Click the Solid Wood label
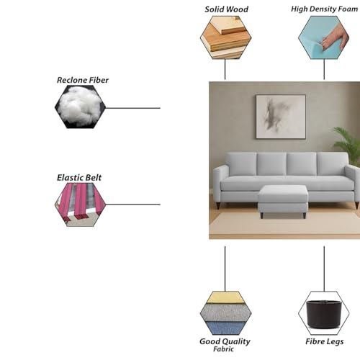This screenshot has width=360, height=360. [x=226, y=9]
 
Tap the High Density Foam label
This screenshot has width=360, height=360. [x=324, y=9]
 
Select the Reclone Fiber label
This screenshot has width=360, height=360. [x=83, y=80]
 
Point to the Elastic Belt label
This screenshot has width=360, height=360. [x=79, y=178]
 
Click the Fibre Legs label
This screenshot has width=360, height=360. [x=324, y=341]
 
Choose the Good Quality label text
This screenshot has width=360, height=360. [x=225, y=341]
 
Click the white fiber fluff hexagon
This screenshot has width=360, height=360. [x=80, y=107]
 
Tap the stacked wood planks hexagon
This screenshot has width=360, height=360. [x=225, y=37]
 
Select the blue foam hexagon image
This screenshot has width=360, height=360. [x=324, y=37]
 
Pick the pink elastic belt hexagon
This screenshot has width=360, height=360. [x=80, y=204]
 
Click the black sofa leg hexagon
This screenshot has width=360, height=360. [x=324, y=313]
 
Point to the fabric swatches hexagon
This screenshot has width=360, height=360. [x=225, y=313]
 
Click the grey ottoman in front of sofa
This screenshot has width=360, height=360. [x=283, y=201]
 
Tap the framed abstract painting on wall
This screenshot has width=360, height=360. [x=281, y=117]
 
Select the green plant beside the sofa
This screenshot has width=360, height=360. [x=347, y=140]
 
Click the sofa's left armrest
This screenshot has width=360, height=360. [x=221, y=185]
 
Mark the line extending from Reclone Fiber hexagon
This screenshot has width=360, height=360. [x=133, y=108]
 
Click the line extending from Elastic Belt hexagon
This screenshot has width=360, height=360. [x=133, y=204]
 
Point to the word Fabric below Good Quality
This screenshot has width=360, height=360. [x=223, y=349]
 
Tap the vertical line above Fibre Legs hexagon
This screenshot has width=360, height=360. [x=324, y=269]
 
